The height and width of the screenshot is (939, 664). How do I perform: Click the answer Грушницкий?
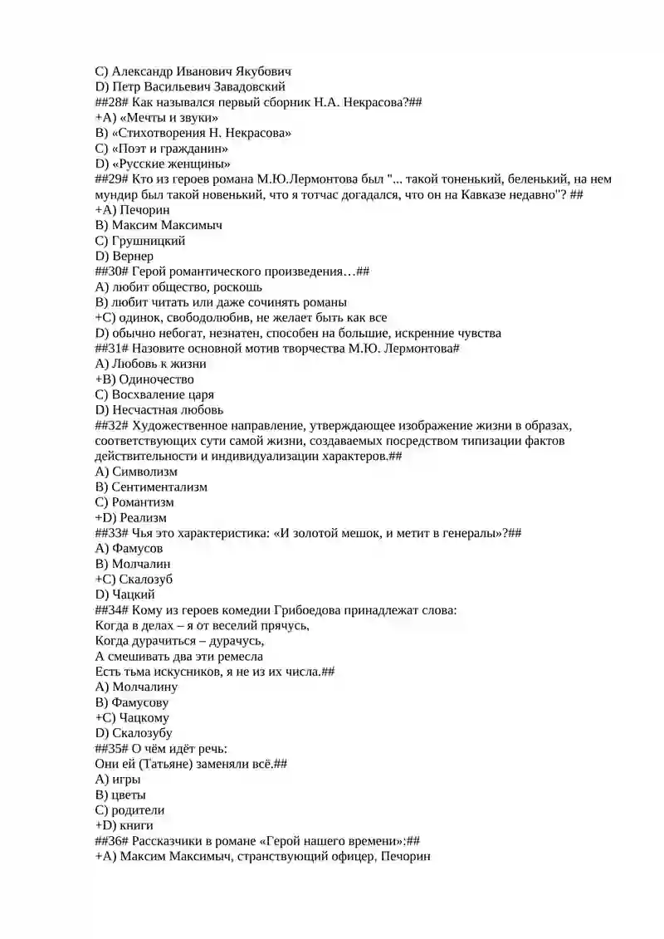click(149, 241)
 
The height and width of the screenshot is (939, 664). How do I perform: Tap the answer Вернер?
click(133, 257)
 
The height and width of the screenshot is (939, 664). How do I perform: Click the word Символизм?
click(144, 472)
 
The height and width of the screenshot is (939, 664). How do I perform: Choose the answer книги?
click(132, 825)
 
